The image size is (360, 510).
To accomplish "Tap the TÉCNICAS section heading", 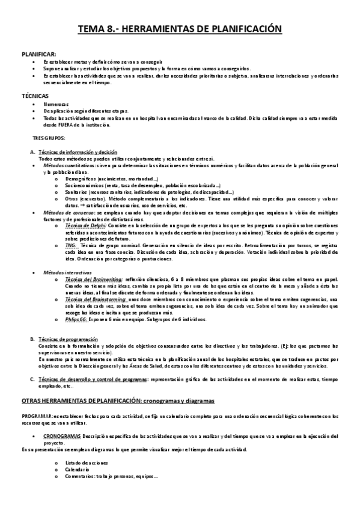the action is click(x=34, y=96).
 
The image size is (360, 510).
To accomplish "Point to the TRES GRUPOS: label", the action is click(x=47, y=138).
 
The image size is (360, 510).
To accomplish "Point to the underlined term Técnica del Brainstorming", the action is click(x=94, y=299).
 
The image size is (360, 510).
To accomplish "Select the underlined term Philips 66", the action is click(x=76, y=319).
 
